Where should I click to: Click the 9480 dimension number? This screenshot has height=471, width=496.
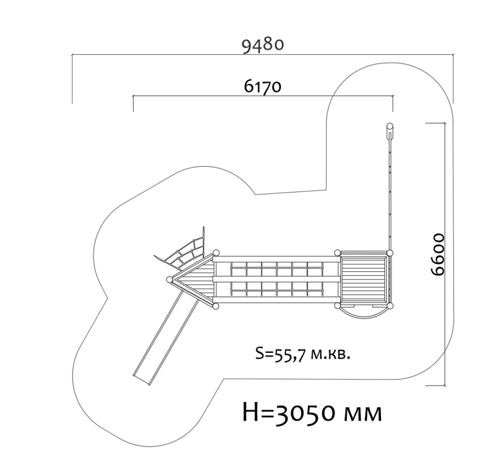[263, 46]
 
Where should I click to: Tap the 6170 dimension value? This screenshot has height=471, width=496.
[263, 86]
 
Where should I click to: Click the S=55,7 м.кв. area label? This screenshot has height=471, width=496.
[303, 354]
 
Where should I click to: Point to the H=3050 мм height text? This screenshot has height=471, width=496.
[313, 413]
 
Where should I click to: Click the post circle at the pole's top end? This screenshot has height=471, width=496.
[390, 126]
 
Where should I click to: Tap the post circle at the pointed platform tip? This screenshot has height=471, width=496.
[170, 280]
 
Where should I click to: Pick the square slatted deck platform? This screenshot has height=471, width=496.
[364, 278]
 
